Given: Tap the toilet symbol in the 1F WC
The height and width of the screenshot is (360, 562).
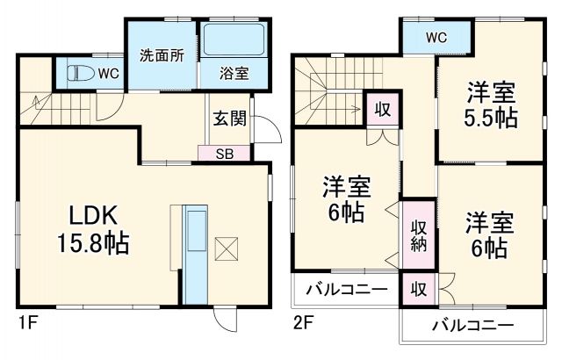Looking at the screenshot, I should pyautogui.click(x=76, y=73).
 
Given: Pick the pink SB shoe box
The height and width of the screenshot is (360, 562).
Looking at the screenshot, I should pyautogui.click(x=225, y=154).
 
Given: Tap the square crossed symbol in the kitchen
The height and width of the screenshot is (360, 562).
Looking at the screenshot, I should pyautogui.click(x=227, y=249).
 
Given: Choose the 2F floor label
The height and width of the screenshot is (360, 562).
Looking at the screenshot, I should pyautogui.click(x=304, y=323).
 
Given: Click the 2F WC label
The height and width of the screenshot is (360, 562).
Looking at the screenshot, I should pyautogui.click(x=436, y=37).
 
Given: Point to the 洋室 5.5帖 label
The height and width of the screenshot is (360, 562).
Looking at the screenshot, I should pyautogui.click(x=490, y=105).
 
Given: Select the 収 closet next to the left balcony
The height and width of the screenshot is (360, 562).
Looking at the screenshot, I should pyautogui.click(x=418, y=288).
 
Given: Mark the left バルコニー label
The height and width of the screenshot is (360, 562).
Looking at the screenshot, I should pyautogui.click(x=348, y=288).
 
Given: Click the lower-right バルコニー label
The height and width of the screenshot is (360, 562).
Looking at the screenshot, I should pyautogui.click(x=472, y=325).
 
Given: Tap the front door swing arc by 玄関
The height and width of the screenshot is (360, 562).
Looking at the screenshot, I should pyautogui.click(x=269, y=131).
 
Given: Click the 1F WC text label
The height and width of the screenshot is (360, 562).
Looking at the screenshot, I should pyautogui.click(x=109, y=72).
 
